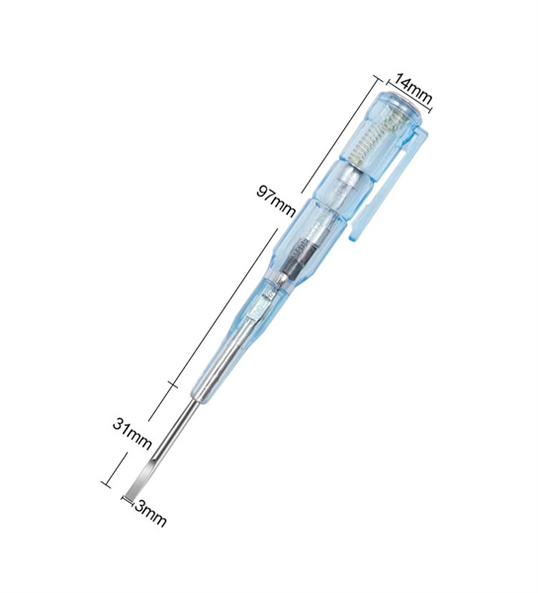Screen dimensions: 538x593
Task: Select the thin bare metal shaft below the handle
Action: pyautogui.click(x=173, y=427)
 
